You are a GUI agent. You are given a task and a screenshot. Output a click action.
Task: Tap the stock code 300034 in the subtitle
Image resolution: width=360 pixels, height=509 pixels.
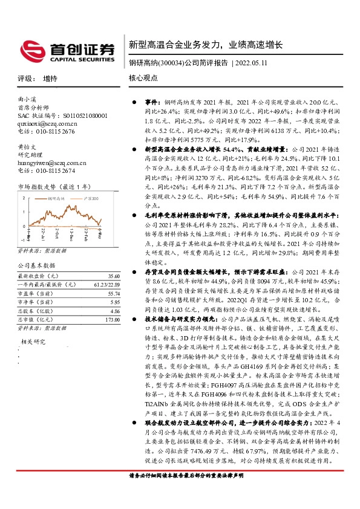point(166,63)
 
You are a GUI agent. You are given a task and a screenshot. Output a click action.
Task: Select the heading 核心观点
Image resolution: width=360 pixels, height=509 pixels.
point(143,79)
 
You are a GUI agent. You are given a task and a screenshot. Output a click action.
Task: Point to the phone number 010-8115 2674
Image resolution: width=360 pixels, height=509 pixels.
point(55,170)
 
